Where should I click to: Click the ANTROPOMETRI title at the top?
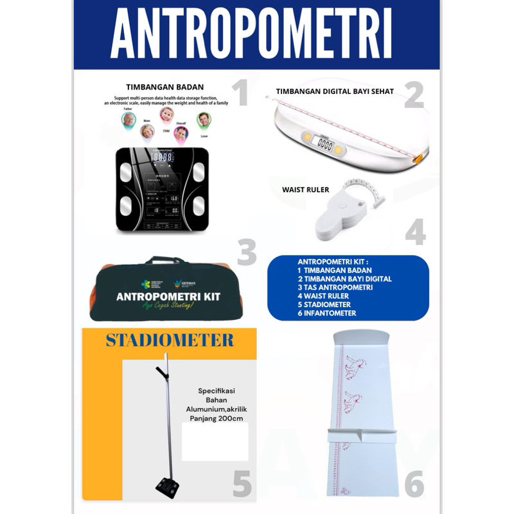coord(251,35)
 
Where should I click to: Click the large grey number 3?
coord(246,252)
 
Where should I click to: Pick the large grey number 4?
coord(415,231)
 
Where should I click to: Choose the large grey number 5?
coord(242,484)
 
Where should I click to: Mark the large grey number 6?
coord(414,484)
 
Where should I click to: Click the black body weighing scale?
coord(162,189)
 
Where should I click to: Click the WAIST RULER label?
coord(306,190)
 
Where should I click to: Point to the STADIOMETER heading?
coord(170,340)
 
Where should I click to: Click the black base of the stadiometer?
coord(167,488)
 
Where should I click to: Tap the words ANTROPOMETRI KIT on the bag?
coord(168,297)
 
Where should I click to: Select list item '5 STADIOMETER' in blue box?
coord(324,305)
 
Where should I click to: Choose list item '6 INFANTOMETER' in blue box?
coord(327,313)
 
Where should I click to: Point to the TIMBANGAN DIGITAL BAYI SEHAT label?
coord(335,91)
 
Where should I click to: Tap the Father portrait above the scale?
coord(129,120)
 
